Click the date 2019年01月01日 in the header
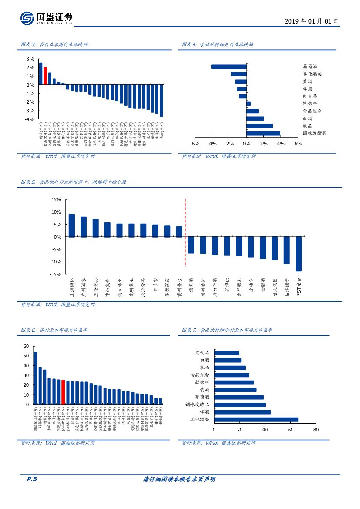click(x=311, y=21)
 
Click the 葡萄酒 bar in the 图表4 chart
click(x=229, y=67)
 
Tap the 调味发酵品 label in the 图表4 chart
click(x=314, y=133)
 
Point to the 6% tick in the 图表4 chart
click(x=298, y=144)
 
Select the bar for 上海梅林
click(x=72, y=226)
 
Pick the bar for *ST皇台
click(x=299, y=254)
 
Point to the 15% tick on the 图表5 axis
click(x=56, y=199)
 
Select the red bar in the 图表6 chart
click(x=63, y=392)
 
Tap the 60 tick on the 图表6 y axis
click(x=26, y=346)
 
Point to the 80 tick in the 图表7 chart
click(x=316, y=430)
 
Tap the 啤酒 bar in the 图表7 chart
click(x=242, y=412)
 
